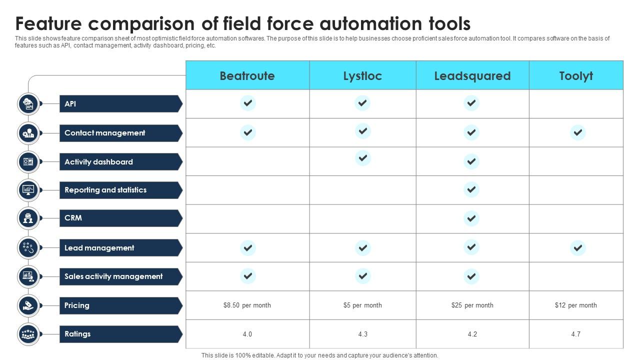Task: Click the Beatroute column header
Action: pyautogui.click(x=247, y=76)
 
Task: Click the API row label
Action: pyautogui.click(x=70, y=103)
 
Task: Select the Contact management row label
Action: pyautogui.click(x=105, y=133)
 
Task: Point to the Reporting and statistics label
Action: pyautogui.click(x=105, y=190)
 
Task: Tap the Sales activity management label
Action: pyautogui.click(x=113, y=276)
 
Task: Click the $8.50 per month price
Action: pyautogui.click(x=247, y=305)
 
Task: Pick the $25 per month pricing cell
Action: pyautogui.click(x=472, y=305)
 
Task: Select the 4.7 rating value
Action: pyautogui.click(x=575, y=334)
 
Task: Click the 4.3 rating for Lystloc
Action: pyautogui.click(x=363, y=334)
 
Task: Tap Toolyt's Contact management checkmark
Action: pyautogui.click(x=577, y=132)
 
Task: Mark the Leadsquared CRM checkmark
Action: pyautogui.click(x=471, y=218)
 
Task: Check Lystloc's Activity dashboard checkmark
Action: pyautogui.click(x=363, y=158)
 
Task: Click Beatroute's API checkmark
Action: pyautogui.click(x=247, y=103)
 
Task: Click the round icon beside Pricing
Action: pyautogui.click(x=28, y=305)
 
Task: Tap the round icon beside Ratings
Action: pyautogui.click(x=28, y=334)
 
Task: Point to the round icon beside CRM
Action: pyautogui.click(x=28, y=218)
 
